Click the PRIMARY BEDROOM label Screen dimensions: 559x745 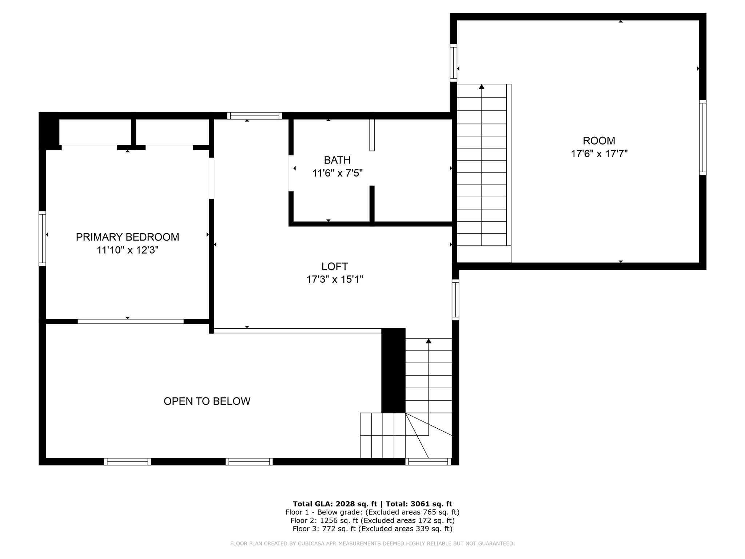coord(127,237)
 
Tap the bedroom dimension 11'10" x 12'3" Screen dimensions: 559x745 coord(127,250)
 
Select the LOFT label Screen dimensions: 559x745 coord(335,266)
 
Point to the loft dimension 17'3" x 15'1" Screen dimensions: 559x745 coord(335,279)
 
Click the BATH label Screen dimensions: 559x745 coord(337,160)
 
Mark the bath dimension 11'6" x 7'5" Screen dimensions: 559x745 coord(337,173)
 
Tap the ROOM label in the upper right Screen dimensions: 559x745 coord(599,140)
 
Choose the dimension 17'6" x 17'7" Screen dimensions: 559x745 coord(599,154)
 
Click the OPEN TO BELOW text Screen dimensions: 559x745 coord(207,401)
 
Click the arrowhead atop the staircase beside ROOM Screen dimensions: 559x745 coord(482,87)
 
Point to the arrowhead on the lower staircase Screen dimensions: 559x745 coord(429,341)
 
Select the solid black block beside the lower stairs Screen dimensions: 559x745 coord(393,370)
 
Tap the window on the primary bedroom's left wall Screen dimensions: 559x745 coord(43,238)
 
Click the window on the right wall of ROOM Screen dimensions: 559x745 coord(702,138)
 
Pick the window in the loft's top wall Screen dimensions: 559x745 coord(255,116)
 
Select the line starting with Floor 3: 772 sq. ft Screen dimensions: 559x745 coord(372,529)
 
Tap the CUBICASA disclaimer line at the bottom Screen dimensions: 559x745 coord(372,543)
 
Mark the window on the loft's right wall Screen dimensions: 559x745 coord(455,300)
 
